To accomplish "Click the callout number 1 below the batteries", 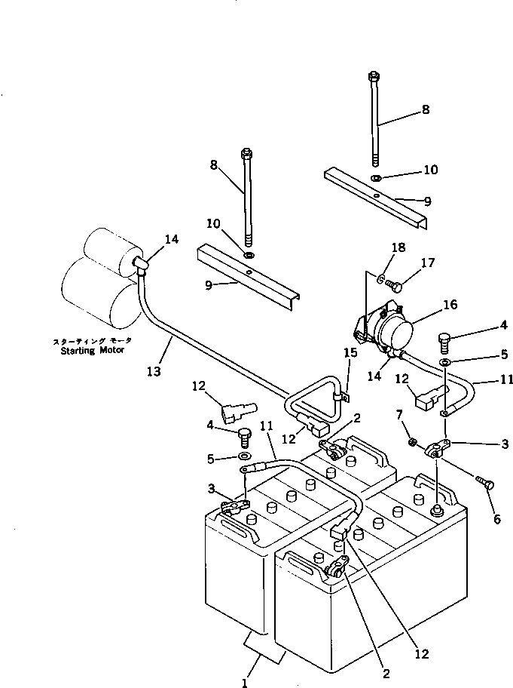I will [x=244, y=683].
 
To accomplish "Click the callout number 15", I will [x=347, y=353].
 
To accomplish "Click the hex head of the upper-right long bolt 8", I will [x=374, y=76].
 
